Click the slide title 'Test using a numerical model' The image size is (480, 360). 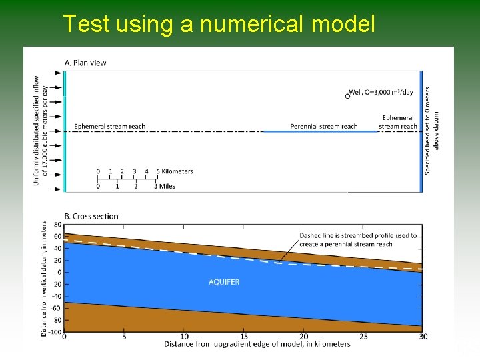click(x=219, y=24)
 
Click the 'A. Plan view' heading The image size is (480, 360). click(x=85, y=63)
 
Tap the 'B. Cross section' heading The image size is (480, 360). click(x=91, y=216)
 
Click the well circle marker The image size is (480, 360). click(x=347, y=96)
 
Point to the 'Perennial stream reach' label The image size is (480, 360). click(x=324, y=126)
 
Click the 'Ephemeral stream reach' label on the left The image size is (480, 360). click(x=109, y=126)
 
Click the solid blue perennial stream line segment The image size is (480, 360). click(x=320, y=131)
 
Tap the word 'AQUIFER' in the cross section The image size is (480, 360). click(x=224, y=282)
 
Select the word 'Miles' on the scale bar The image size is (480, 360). click(x=167, y=186)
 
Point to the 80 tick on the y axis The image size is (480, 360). click(x=57, y=224)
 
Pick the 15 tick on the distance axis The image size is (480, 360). click(x=244, y=337)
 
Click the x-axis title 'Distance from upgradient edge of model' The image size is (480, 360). click(x=257, y=344)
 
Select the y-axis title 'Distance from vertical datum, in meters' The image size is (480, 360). click(x=45, y=278)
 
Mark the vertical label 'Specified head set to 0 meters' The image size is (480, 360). click(x=432, y=130)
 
